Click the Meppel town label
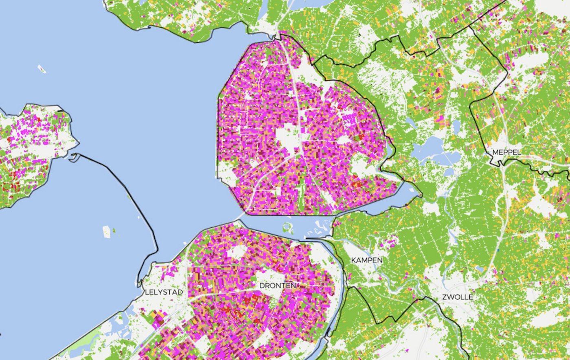point(506,152)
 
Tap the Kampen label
point(367,260)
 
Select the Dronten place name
point(278,285)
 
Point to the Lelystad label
point(164,292)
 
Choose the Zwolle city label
point(457,297)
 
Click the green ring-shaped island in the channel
point(288,227)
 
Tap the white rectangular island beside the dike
point(106,232)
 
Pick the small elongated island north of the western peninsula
point(42,69)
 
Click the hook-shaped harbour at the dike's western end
point(73,157)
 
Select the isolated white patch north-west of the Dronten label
point(236,252)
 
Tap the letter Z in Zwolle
point(444,297)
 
